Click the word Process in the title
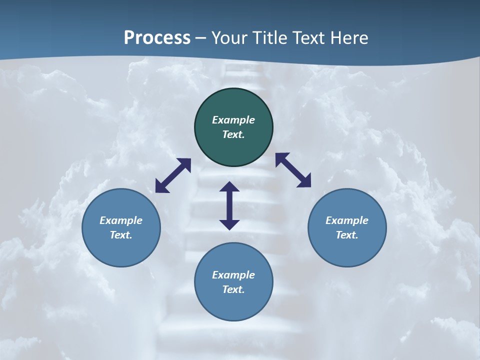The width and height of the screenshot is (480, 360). click(157, 38)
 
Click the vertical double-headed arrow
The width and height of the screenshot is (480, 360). click(229, 205)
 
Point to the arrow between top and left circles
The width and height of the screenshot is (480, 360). click(173, 175)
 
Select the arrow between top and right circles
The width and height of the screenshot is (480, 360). click(293, 170)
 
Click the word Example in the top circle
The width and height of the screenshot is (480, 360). click(233, 120)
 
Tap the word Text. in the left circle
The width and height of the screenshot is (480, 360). click(121, 235)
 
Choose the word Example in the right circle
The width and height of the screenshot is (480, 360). click(347, 220)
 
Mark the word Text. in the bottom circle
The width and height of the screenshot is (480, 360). click(233, 289)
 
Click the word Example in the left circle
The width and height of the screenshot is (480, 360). click(121, 220)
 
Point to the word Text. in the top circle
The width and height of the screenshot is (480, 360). click(233, 134)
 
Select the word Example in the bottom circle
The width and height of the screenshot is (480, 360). click(233, 275)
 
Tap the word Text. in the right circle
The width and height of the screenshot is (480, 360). click(347, 235)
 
